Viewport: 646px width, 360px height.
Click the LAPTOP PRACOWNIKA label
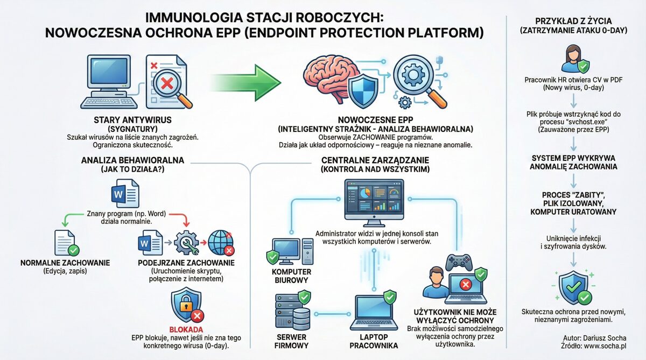373,341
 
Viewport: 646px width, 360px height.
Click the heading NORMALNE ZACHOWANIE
65,263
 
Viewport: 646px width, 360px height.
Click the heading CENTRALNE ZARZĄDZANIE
376,160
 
